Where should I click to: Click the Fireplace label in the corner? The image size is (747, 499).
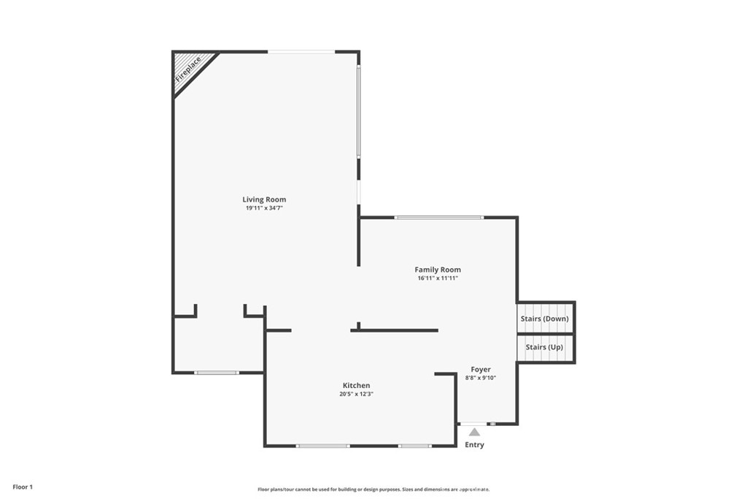point(188,69)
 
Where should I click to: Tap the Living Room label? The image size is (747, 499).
point(264,199)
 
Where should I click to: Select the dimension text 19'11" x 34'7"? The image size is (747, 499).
point(264,208)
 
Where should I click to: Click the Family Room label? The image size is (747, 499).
point(438,270)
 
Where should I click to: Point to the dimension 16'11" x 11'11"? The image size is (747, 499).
point(438,278)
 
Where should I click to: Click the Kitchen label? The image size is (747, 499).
point(357,386)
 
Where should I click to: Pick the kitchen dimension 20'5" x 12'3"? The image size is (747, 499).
point(357,395)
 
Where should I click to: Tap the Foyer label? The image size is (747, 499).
point(481,370)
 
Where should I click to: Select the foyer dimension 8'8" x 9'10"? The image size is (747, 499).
point(481,378)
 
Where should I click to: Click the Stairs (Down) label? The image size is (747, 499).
point(544,319)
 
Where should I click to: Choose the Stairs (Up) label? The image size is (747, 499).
point(544,347)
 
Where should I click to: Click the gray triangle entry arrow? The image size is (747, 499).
point(474,432)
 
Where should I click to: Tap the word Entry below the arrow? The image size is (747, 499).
point(474,445)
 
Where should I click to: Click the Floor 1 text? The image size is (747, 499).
point(22,487)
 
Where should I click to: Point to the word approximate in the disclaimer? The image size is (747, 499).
point(473,490)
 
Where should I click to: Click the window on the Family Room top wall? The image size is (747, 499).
point(438,217)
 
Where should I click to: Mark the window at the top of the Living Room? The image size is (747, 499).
point(301,51)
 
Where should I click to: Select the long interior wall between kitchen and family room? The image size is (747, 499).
point(395,330)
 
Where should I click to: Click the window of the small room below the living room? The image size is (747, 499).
point(216,373)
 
